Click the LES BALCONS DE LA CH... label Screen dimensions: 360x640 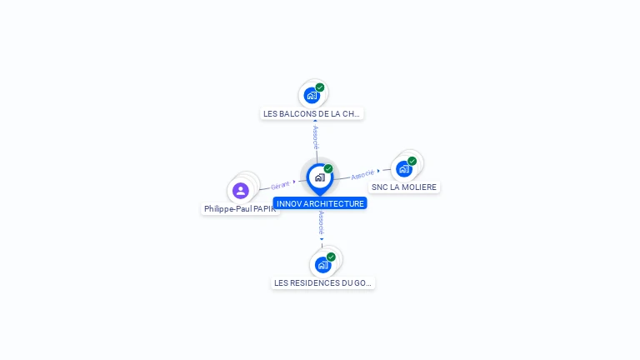(312, 113)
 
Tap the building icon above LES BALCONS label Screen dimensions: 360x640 (312, 95)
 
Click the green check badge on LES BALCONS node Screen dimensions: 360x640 (320, 87)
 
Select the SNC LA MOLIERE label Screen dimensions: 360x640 (404, 187)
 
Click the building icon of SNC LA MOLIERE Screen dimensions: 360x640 (404, 168)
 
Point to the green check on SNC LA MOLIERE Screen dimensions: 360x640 (412, 161)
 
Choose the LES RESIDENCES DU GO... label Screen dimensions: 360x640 (323, 283)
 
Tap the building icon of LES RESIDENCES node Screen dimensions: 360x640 (322, 265)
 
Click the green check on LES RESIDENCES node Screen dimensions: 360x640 (331, 257)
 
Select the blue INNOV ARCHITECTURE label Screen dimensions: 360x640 (320, 203)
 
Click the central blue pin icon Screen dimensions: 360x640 (319, 177)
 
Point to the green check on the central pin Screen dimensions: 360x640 (328, 169)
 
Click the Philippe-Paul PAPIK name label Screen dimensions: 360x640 (240, 209)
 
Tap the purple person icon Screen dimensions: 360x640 (241, 191)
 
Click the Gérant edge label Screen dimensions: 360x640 (280, 185)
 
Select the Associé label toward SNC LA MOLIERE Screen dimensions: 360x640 (362, 175)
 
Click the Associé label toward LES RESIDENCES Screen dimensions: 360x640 (321, 222)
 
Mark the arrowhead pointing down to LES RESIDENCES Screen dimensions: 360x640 (322, 239)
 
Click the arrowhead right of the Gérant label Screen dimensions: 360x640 (295, 182)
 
